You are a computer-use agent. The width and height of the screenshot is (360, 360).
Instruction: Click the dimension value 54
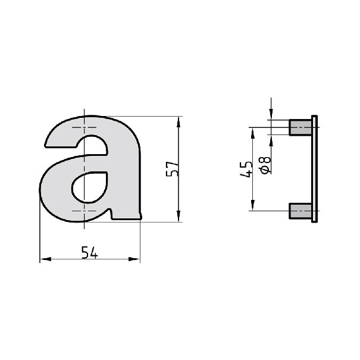point(89,252)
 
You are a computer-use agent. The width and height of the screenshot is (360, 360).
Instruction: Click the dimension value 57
point(172,169)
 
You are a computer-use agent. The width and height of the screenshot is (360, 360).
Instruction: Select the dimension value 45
point(246,170)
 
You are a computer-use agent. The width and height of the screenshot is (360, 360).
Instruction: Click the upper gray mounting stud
point(300,127)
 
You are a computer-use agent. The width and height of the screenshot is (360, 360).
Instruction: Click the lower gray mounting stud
point(300,211)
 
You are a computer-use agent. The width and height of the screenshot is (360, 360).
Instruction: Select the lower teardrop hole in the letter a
point(89,187)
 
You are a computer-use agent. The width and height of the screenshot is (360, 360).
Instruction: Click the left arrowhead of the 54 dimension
point(45,259)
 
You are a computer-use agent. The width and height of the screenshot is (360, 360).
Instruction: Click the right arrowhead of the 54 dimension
point(134,259)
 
